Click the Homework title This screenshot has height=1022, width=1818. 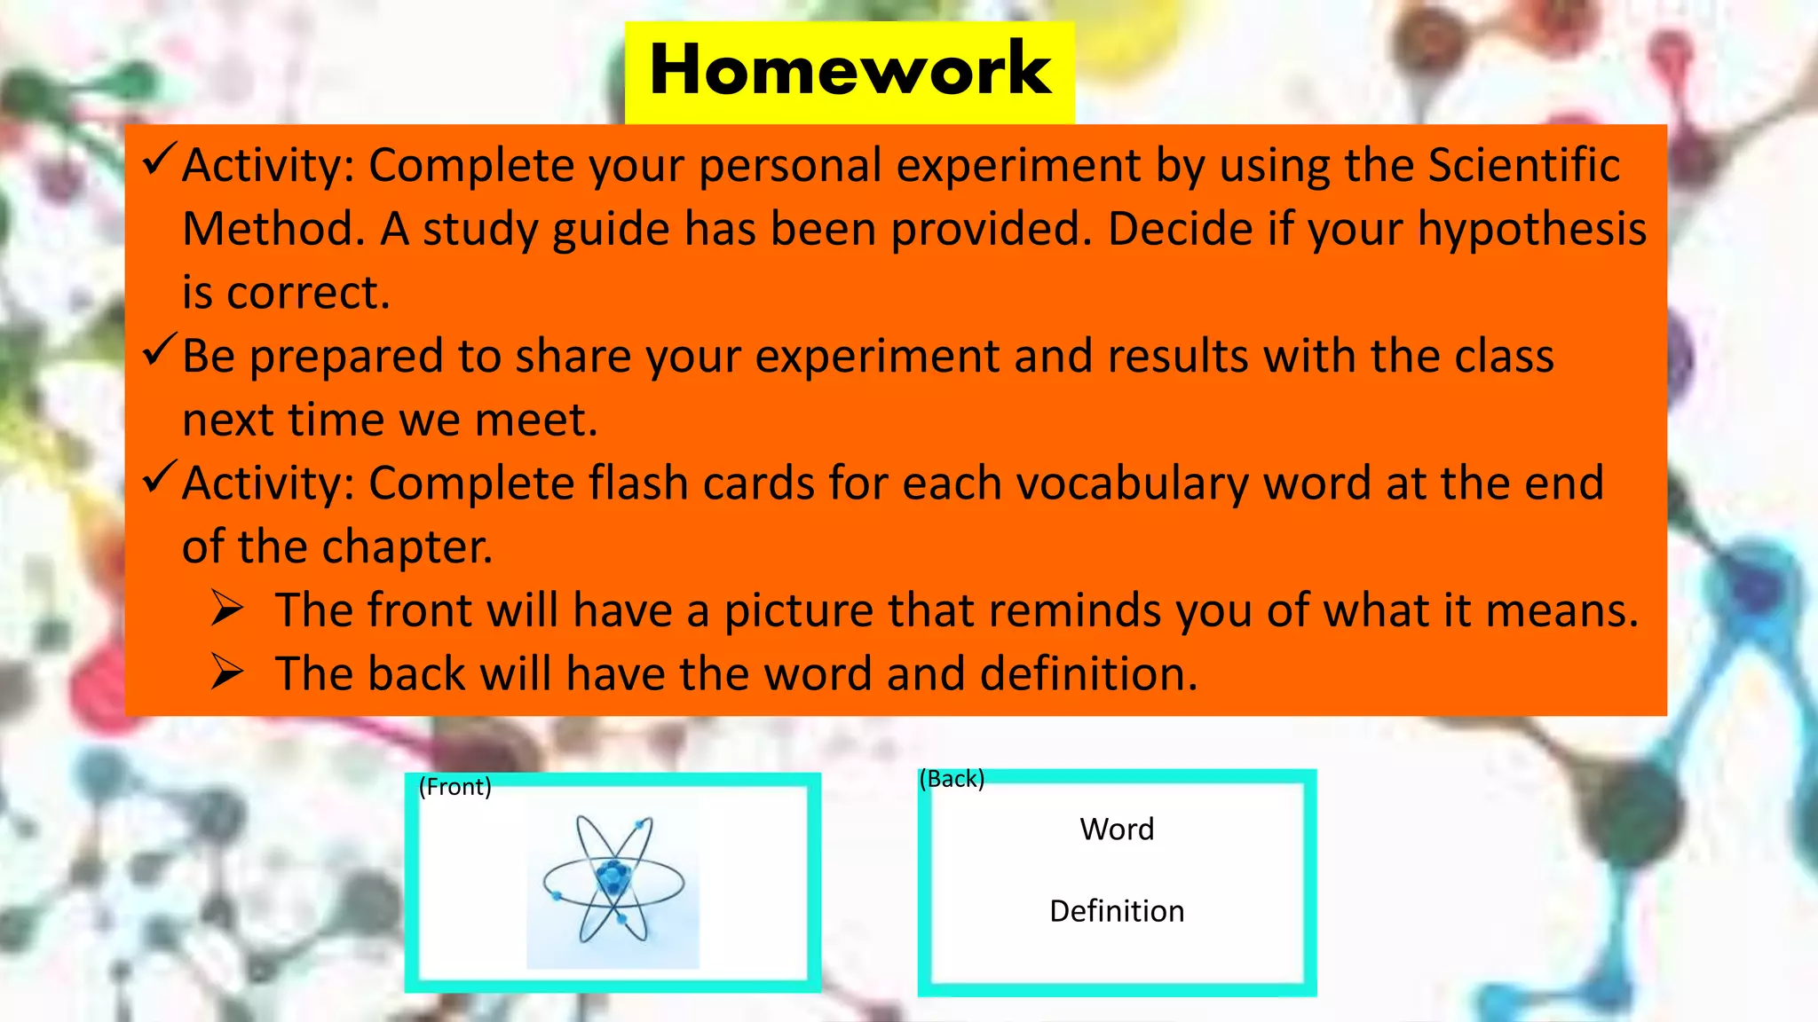(850, 69)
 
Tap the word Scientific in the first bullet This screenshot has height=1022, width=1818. (1523, 165)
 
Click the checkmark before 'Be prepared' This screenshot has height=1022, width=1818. (160, 350)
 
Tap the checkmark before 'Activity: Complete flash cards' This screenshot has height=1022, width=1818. (160, 478)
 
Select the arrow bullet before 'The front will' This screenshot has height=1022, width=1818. (227, 609)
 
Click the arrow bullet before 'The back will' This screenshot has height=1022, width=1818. (227, 672)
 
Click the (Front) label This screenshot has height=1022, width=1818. (454, 787)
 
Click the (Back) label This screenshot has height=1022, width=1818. (952, 779)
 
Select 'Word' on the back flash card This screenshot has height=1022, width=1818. (1117, 829)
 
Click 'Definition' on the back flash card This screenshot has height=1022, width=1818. (1117, 911)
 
